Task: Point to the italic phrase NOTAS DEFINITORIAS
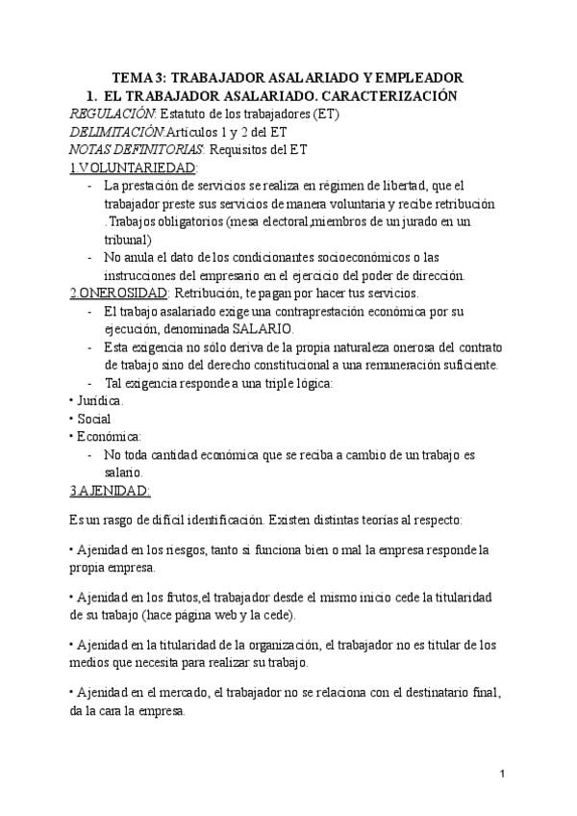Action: (137, 149)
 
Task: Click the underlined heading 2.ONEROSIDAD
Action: (119, 293)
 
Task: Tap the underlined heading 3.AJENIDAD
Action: (111, 490)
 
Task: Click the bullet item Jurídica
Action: (99, 400)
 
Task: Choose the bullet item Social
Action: (94, 418)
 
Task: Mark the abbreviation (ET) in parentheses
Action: (324, 114)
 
